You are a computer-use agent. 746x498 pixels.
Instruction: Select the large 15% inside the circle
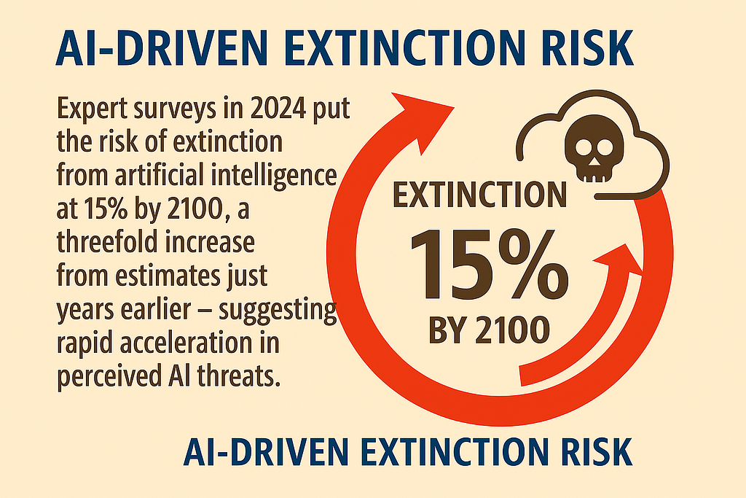coord(489,263)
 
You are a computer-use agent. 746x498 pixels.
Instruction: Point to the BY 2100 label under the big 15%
coord(489,330)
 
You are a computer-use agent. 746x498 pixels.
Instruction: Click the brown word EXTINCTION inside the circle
coord(479,195)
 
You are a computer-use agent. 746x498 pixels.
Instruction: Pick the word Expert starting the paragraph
coord(91,110)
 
